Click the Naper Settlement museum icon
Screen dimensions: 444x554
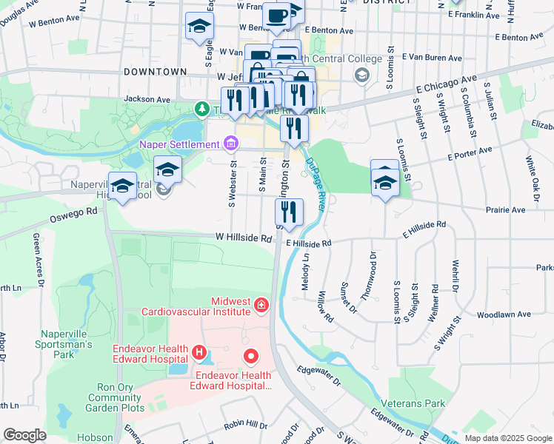point(230,142)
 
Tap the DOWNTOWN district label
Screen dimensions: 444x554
point(156,72)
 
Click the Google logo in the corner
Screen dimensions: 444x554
point(24,434)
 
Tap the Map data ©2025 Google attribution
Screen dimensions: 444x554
point(507,438)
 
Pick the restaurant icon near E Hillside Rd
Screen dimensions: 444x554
point(289,212)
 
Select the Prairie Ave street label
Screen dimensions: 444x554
point(505,210)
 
